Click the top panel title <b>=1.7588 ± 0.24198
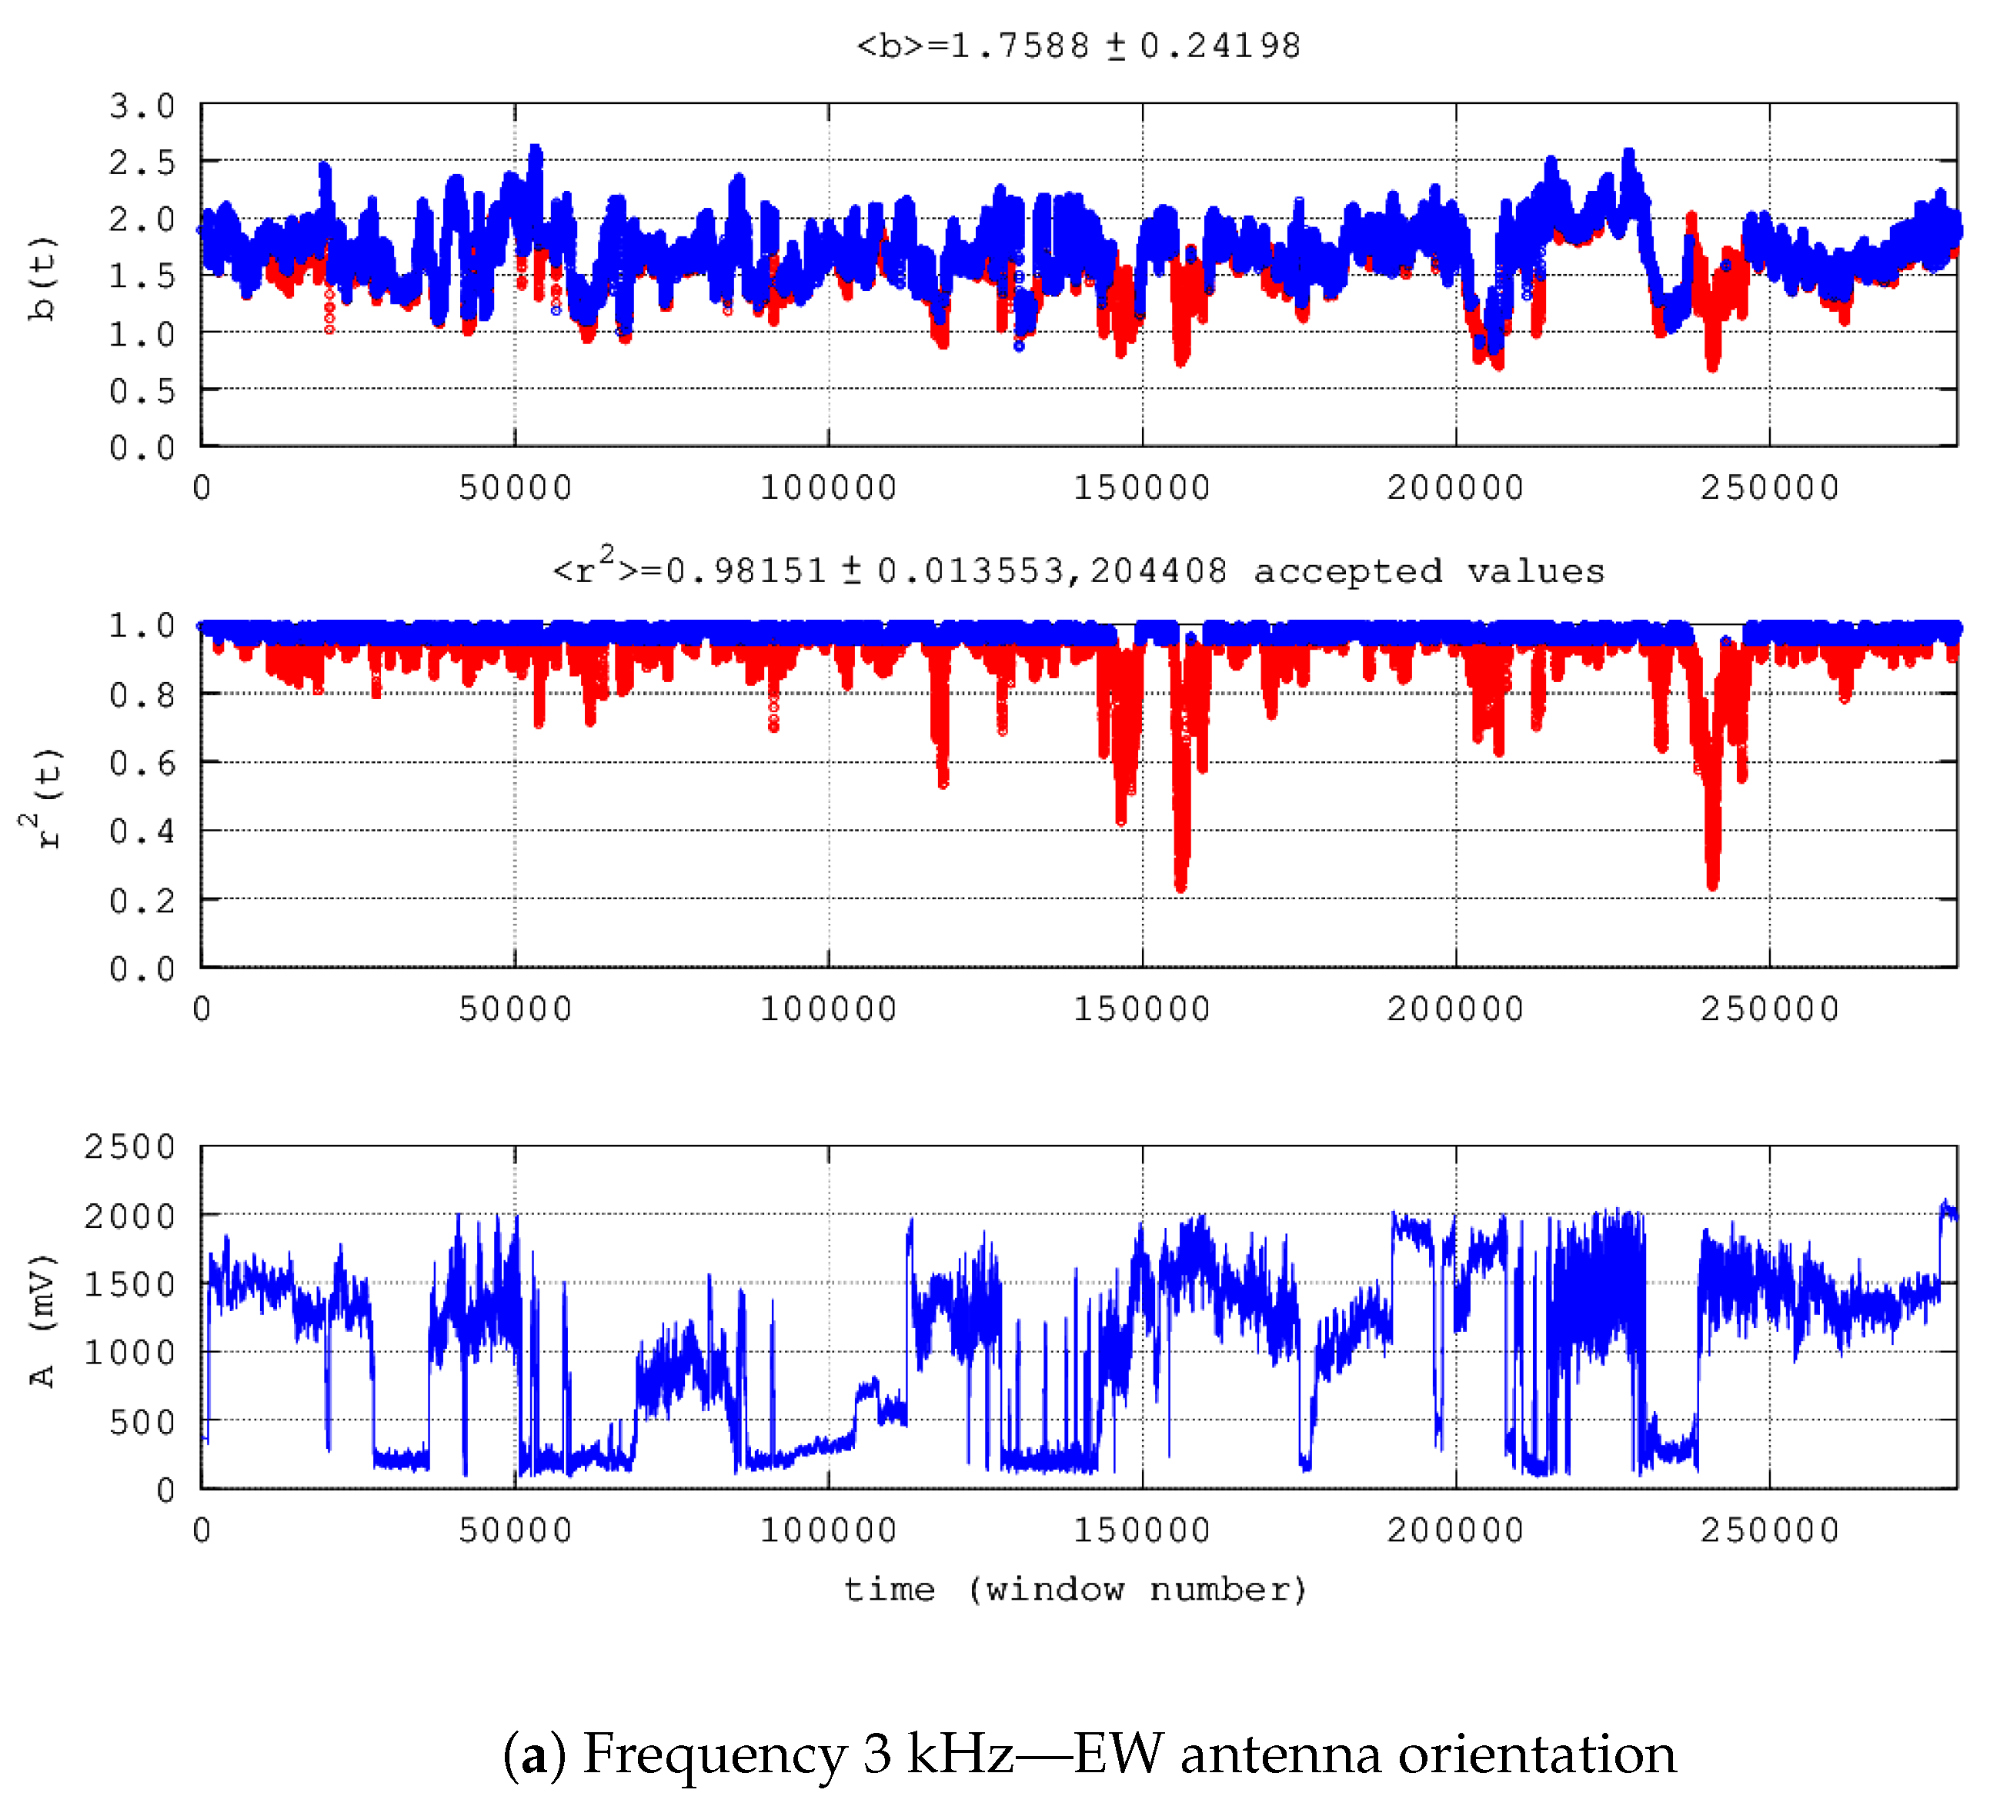(1078, 45)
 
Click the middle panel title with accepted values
(1078, 570)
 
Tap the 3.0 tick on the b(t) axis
(141, 105)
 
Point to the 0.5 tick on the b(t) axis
(141, 391)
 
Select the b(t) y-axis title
(42, 279)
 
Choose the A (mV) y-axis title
(42, 1321)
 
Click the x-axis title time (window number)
(1076, 1589)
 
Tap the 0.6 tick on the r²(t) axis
(141, 763)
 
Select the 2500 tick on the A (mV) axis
(129, 1147)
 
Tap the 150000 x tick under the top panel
(1142, 488)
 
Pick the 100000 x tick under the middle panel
(828, 1009)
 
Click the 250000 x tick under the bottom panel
(1769, 1530)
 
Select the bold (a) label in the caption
(534, 1754)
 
